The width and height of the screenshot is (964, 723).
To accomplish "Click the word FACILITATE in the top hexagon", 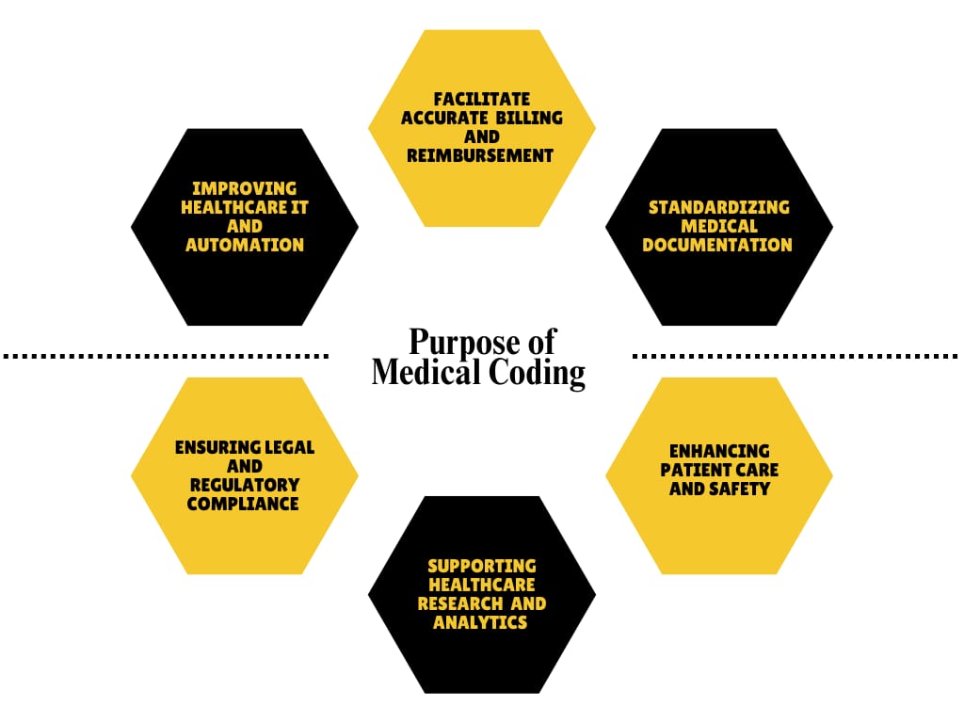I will pyautogui.click(x=481, y=99).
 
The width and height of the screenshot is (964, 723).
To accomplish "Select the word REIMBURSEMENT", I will pyautogui.click(x=480, y=155).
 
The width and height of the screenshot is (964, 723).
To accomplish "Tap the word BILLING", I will pyautogui.click(x=528, y=118).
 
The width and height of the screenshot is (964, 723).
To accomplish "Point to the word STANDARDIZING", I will pyautogui.click(x=718, y=207).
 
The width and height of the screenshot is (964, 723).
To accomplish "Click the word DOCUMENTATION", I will pyautogui.click(x=717, y=245).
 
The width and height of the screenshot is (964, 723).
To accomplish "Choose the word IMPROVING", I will pyautogui.click(x=244, y=188).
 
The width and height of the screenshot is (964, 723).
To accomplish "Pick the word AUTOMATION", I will pyautogui.click(x=244, y=245).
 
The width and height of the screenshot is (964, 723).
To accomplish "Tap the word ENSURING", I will pyautogui.click(x=216, y=447).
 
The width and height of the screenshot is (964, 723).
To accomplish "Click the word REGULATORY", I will pyautogui.click(x=244, y=485).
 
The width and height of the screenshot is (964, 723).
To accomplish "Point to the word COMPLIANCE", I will pyautogui.click(x=243, y=504).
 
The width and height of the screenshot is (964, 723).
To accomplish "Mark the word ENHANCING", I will pyautogui.click(x=719, y=451).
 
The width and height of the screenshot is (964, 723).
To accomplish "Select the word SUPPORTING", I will pyautogui.click(x=481, y=566).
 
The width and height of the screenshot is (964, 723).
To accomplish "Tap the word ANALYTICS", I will pyautogui.click(x=480, y=622).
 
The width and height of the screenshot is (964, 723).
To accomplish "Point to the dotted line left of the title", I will pyautogui.click(x=165, y=356).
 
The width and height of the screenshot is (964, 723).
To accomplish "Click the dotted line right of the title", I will pyautogui.click(x=795, y=356).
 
